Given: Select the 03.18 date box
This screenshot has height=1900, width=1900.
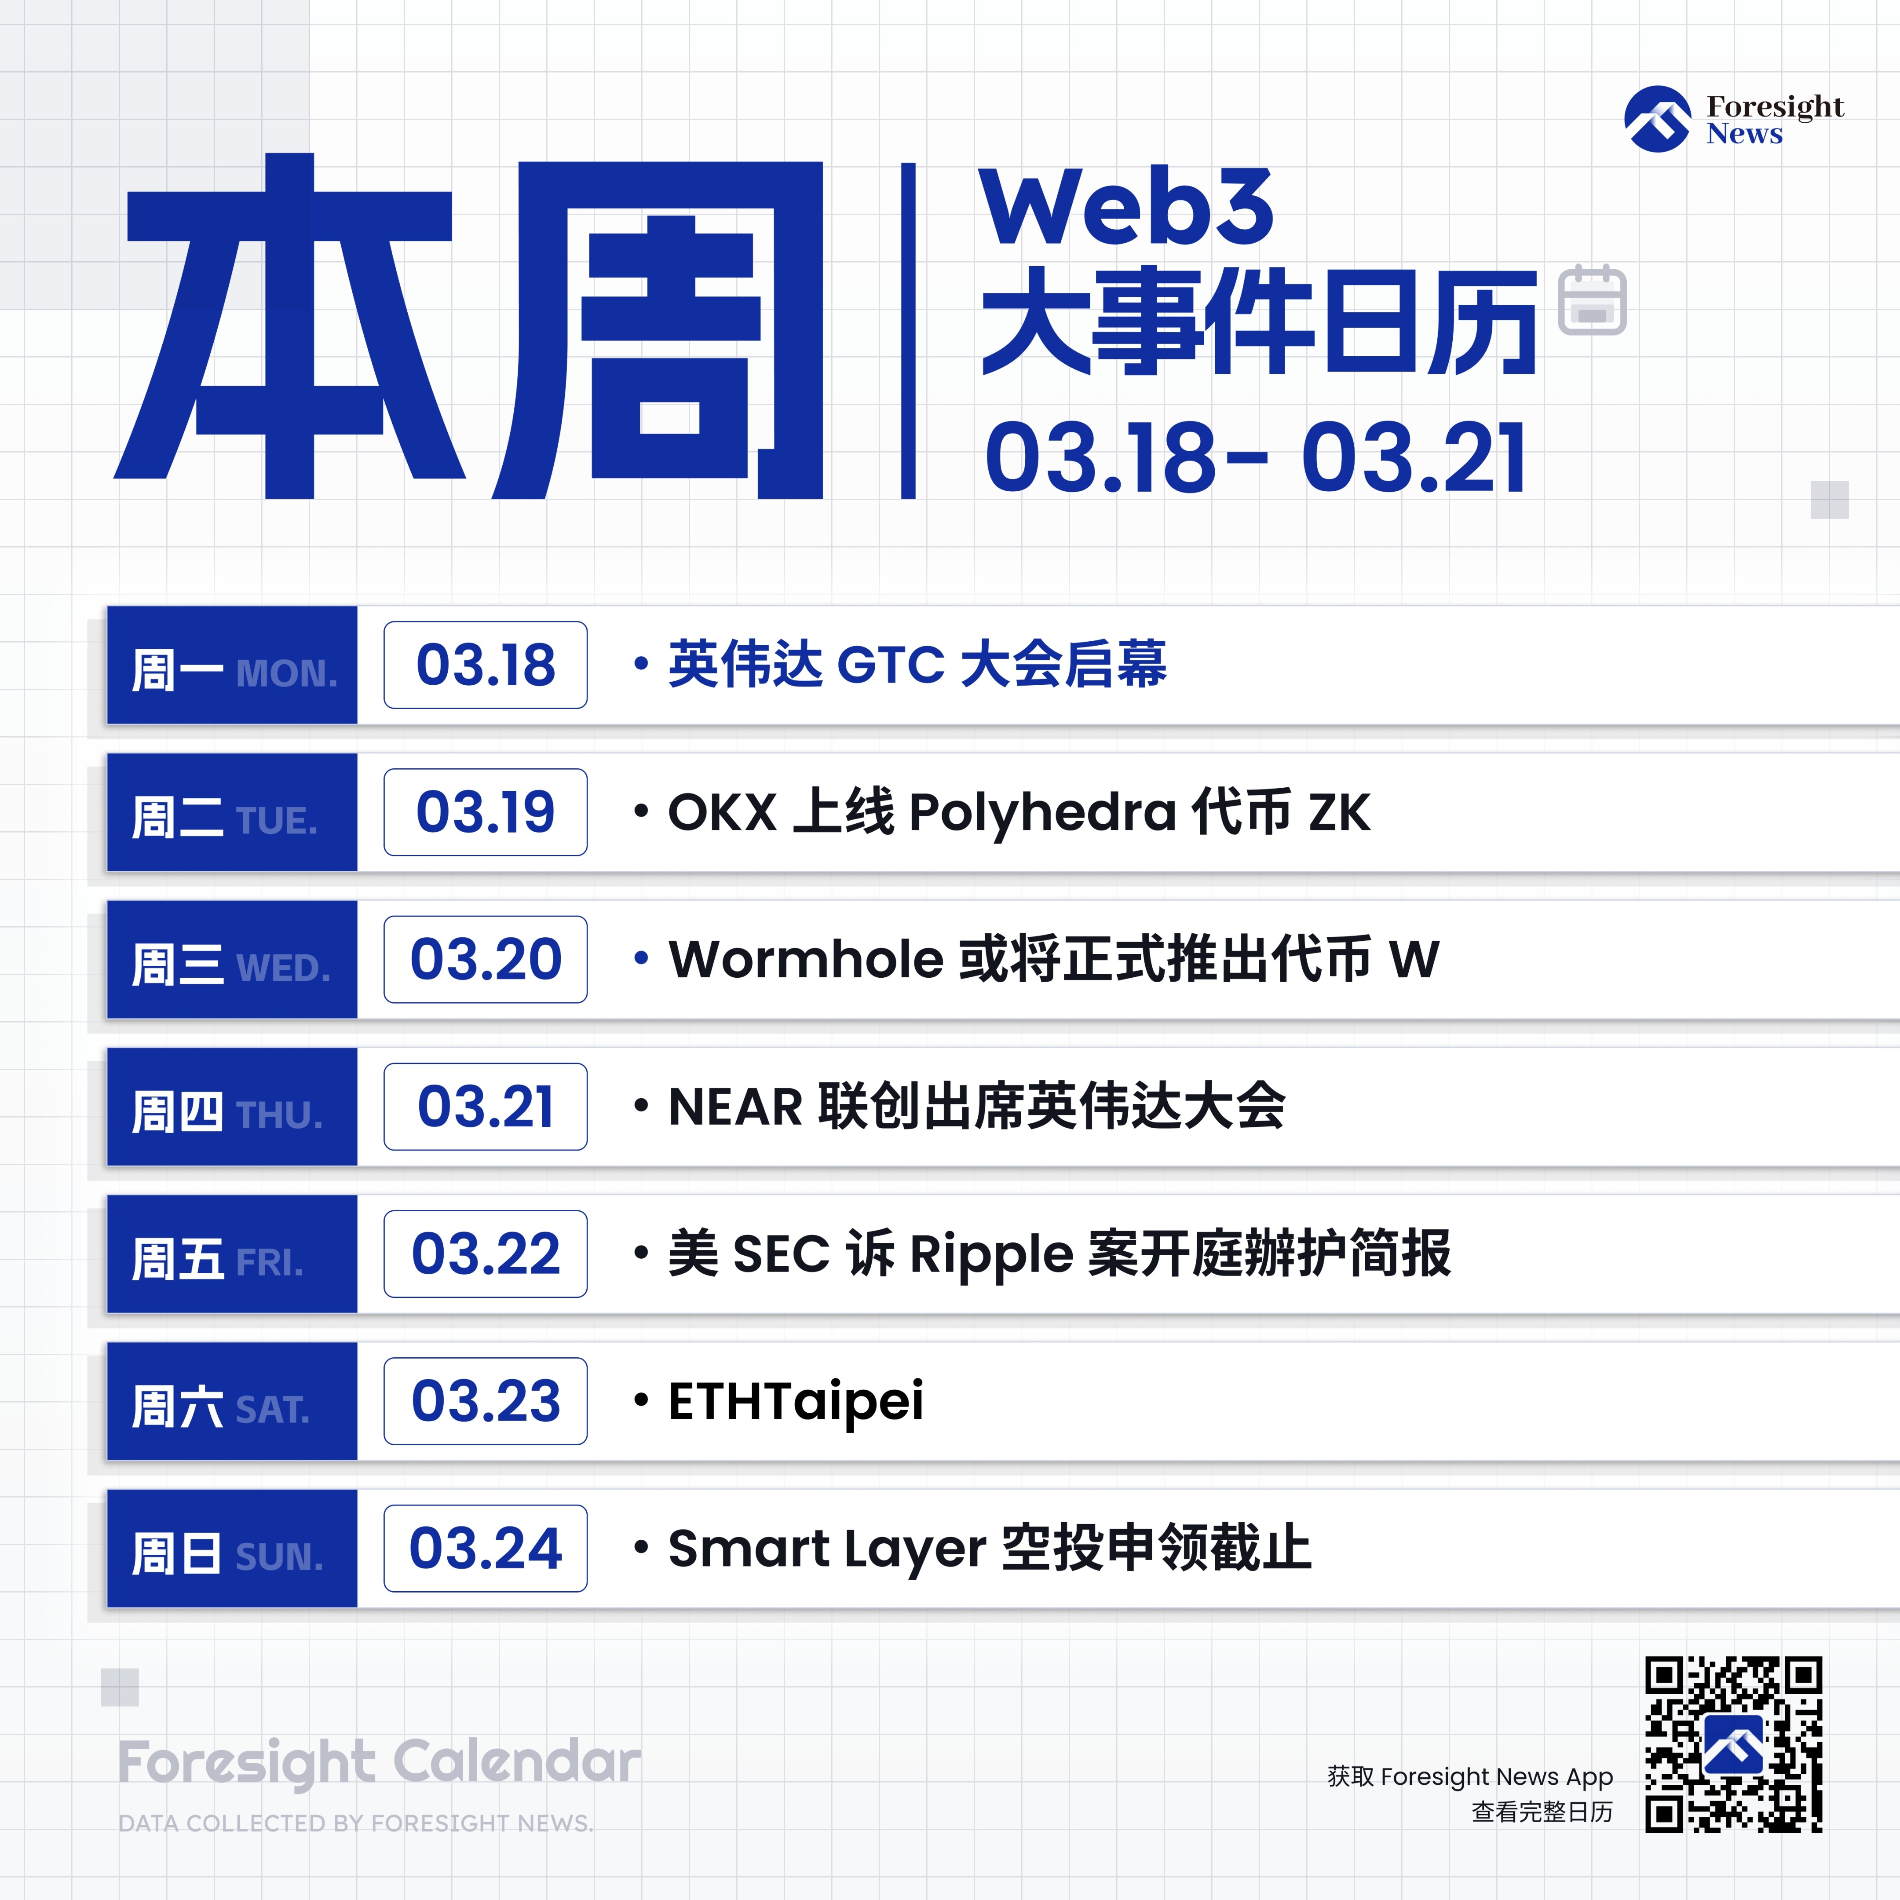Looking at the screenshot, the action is [486, 665].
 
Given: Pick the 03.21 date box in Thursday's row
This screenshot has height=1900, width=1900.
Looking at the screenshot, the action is [486, 1107].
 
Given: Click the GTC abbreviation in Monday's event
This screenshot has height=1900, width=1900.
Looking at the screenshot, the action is [891, 665].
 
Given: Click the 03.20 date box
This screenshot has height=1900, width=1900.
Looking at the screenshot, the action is [486, 960].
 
